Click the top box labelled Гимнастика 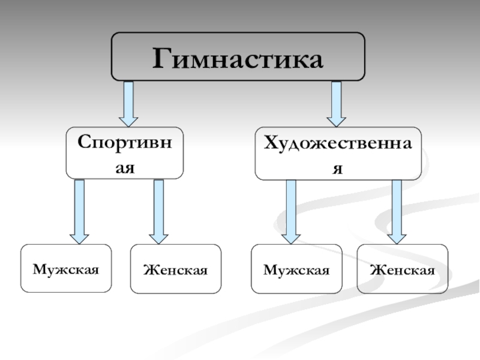pos(238,56)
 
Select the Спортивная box pos(125,152)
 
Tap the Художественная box pos(338,153)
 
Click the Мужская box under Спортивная pos(66,268)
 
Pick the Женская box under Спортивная pos(176,269)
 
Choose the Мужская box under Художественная pos(296,269)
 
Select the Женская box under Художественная pos(402,269)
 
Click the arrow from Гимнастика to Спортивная pos(128,103)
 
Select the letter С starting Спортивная pos(83,144)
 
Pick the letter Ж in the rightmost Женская pos(376,269)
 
